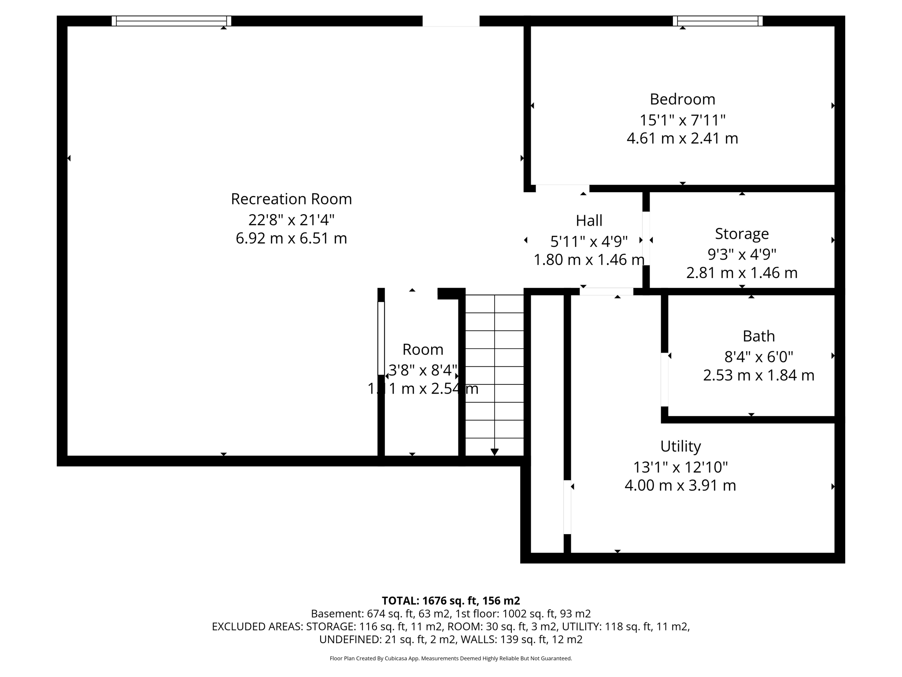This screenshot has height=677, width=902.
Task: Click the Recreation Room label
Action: click(291, 199)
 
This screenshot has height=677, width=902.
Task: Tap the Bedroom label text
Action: click(682, 99)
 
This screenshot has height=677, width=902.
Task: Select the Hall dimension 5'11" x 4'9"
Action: click(589, 241)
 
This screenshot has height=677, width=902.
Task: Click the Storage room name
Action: click(742, 234)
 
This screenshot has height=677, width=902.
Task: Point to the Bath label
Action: click(758, 336)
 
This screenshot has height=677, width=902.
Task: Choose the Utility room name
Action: click(680, 446)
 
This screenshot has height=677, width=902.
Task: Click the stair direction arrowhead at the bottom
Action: click(495, 452)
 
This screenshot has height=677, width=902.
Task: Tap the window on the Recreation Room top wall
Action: click(171, 21)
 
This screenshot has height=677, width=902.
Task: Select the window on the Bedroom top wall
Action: click(718, 21)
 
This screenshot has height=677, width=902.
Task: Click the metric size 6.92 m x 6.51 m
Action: click(291, 238)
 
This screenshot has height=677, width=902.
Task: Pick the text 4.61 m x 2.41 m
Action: click(682, 138)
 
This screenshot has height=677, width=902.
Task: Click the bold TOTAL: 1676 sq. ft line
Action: click(451, 601)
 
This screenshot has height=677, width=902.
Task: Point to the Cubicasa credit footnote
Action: click(451, 658)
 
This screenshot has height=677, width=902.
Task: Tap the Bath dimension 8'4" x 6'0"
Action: click(758, 357)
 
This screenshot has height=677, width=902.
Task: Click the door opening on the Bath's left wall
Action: click(665, 379)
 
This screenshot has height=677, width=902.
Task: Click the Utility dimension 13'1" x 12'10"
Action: click(680, 467)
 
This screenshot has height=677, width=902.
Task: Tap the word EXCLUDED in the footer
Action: click(235, 627)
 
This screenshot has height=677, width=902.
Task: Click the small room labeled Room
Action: click(422, 350)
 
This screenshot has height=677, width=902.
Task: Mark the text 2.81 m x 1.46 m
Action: click(742, 273)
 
